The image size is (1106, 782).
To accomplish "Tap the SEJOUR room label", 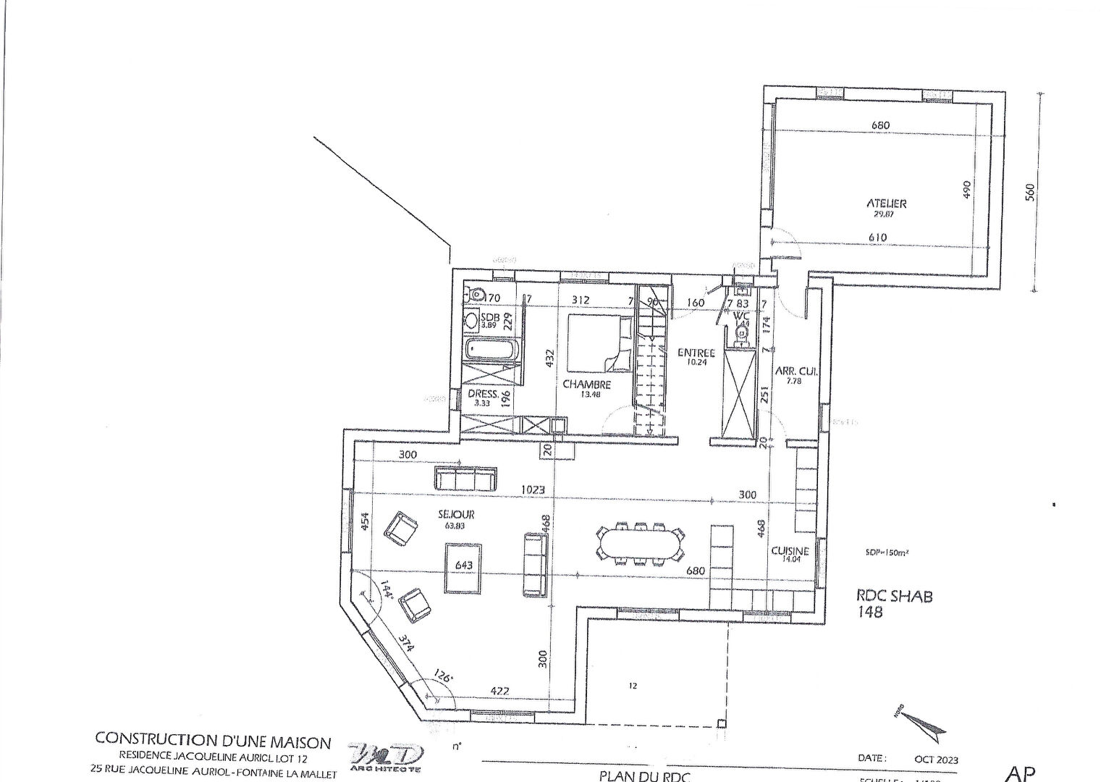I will coord(456,514).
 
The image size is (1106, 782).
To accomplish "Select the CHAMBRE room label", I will coord(586,384).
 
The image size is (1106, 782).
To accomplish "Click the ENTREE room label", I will coord(696,353).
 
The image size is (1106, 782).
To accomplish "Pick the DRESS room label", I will coord(482,395).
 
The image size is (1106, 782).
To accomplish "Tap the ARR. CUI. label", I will coord(796,371).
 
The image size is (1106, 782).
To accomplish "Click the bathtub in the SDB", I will coord(492,351).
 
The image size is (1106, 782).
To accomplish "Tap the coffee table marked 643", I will coord(464,568).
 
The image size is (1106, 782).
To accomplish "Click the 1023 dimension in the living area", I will coord(533,490).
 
